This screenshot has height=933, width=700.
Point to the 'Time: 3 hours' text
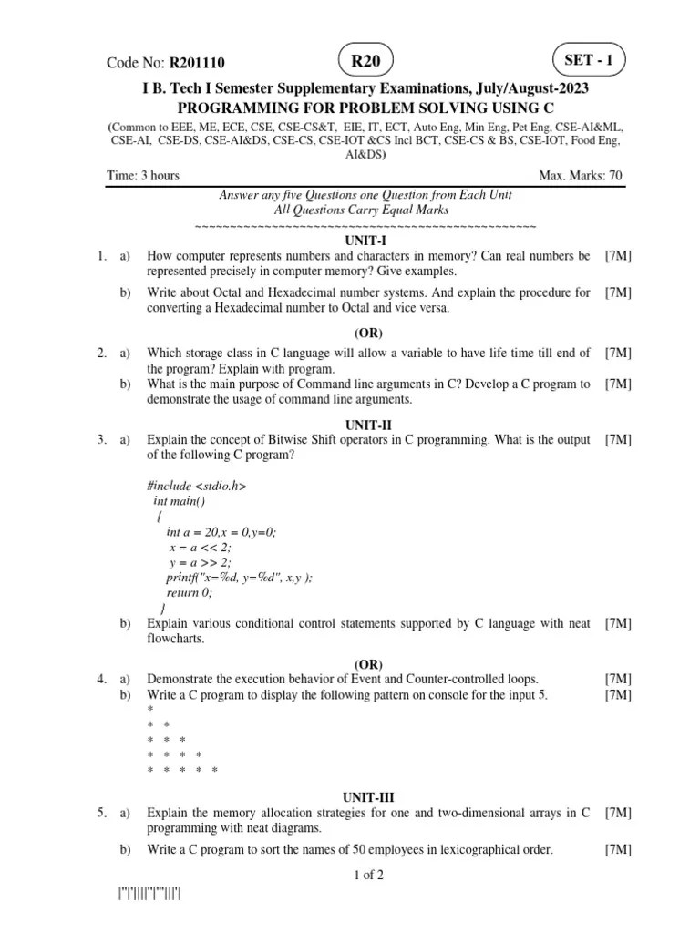coord(143,176)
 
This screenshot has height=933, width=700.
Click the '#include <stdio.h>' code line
coord(196,486)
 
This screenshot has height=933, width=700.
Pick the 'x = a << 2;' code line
coord(200,547)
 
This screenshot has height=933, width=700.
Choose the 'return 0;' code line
coord(189,592)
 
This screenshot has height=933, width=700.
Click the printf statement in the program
coord(239,578)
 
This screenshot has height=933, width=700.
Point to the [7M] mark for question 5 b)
coord(618,850)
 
